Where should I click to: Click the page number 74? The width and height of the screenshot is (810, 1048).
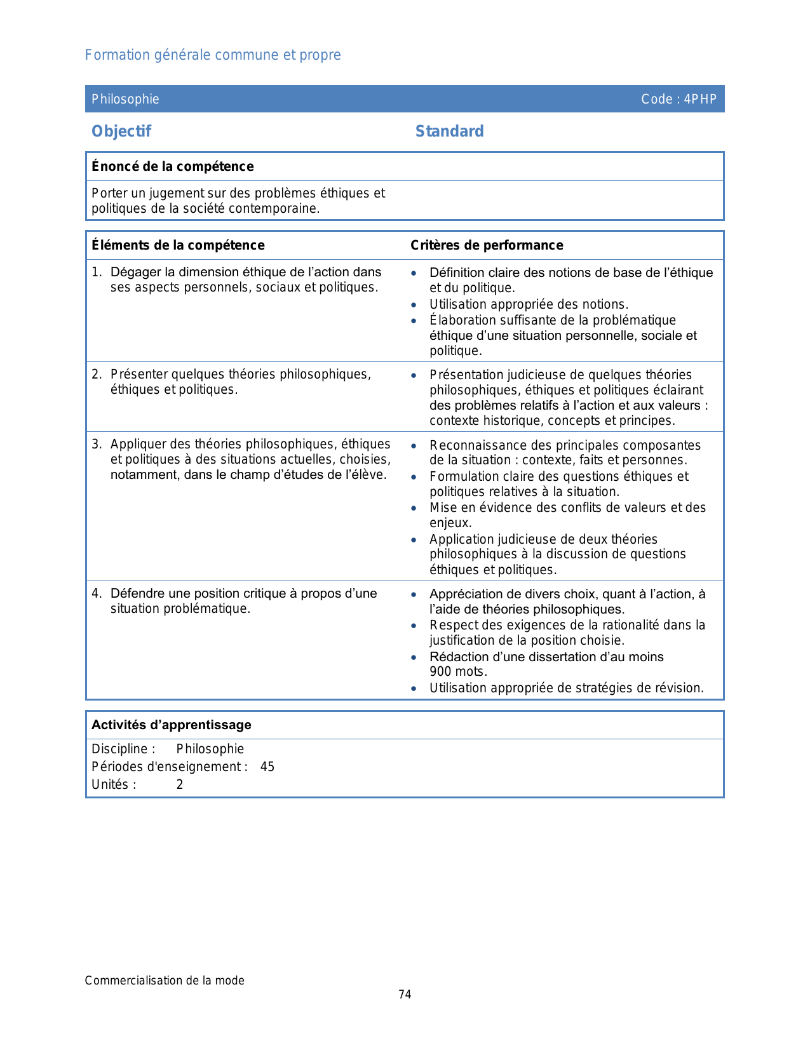(x=405, y=994)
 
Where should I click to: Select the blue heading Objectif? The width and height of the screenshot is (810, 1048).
(x=121, y=131)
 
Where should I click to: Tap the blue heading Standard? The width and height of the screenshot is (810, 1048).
(x=449, y=131)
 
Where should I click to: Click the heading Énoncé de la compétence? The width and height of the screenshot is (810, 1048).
(x=172, y=166)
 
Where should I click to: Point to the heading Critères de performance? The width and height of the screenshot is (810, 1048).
(x=487, y=245)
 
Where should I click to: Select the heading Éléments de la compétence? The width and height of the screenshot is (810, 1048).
(x=178, y=245)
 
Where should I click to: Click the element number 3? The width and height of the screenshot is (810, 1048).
(x=96, y=444)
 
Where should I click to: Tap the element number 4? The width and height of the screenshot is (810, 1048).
(x=96, y=593)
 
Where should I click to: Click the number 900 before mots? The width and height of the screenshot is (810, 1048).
(x=441, y=671)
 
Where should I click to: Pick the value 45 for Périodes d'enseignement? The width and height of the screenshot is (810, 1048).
(x=267, y=767)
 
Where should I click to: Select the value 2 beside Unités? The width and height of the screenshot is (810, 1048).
(x=180, y=784)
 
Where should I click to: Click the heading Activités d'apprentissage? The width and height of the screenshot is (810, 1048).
(x=172, y=725)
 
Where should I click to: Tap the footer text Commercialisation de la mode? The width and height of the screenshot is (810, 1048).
(x=165, y=980)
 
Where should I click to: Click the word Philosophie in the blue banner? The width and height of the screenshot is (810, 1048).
(x=125, y=99)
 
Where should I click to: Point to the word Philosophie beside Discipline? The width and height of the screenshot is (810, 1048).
(x=210, y=749)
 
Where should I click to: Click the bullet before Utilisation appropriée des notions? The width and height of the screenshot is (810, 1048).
(x=414, y=305)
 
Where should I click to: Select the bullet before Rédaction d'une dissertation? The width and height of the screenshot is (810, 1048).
(x=414, y=657)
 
